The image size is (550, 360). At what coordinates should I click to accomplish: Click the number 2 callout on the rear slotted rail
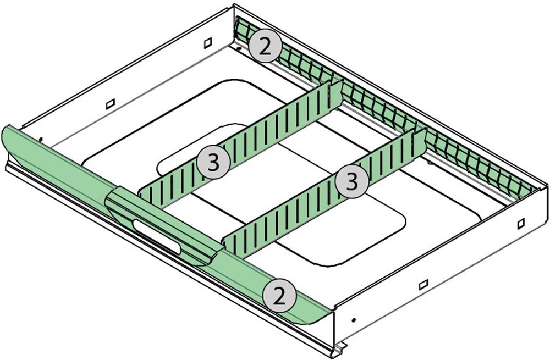pyautogui.click(x=265, y=47)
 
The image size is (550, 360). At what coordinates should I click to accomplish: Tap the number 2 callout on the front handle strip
pyautogui.click(x=279, y=297)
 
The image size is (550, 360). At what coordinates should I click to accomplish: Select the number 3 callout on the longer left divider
pyautogui.click(x=213, y=163)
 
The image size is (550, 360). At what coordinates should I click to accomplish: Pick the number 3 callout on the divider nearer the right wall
pyautogui.click(x=352, y=181)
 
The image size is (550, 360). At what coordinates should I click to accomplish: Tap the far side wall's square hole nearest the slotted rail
pyautogui.click(x=208, y=42)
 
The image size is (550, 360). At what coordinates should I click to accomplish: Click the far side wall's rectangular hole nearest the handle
pyautogui.click(x=111, y=104)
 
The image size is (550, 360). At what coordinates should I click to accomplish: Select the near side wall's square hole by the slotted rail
pyautogui.click(x=521, y=223)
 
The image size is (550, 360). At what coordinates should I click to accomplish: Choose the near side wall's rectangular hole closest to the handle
pyautogui.click(x=424, y=284)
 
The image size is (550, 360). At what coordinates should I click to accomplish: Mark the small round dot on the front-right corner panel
pyautogui.click(x=354, y=320)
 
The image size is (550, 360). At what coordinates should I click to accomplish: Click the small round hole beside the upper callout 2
pyautogui.click(x=239, y=48)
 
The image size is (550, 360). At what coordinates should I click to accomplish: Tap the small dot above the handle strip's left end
pyautogui.click(x=41, y=140)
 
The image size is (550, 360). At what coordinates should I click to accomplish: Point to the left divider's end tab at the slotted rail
pyautogui.click(x=335, y=94)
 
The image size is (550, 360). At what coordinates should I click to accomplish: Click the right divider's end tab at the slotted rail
pyautogui.click(x=421, y=142)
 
